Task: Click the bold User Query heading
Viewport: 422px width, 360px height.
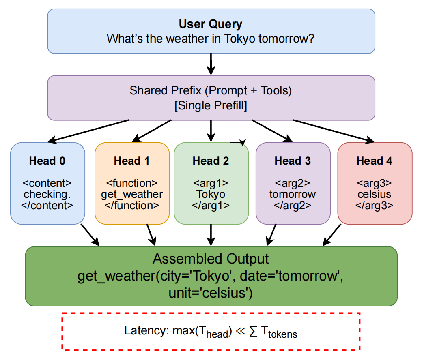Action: click(x=211, y=24)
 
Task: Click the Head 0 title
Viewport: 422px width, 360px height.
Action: click(x=47, y=161)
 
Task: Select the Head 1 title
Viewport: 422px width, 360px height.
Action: click(x=131, y=161)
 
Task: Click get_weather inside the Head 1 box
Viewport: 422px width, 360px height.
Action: click(x=131, y=194)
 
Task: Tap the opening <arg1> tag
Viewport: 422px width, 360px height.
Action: click(x=211, y=183)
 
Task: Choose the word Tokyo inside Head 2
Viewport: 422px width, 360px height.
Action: click(x=211, y=194)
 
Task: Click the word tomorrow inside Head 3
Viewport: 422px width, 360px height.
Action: click(x=293, y=194)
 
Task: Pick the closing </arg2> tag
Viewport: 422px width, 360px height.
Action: click(x=293, y=205)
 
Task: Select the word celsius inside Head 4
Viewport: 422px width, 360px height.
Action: click(x=375, y=194)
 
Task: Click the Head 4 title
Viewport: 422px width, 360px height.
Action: click(x=375, y=161)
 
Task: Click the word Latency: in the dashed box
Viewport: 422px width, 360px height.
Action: click(x=142, y=331)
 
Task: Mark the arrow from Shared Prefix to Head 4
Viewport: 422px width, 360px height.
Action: click(x=333, y=131)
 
